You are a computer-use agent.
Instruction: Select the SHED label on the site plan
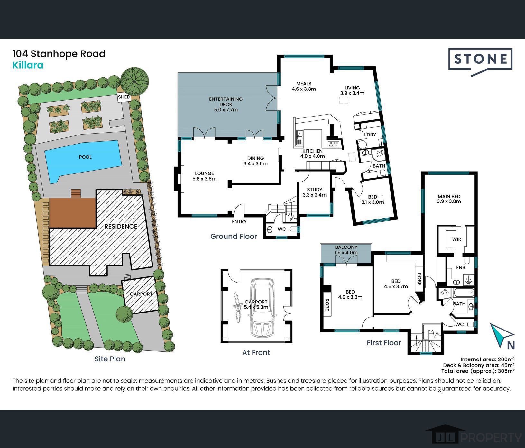tap(124, 97)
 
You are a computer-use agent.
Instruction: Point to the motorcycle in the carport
tap(237, 307)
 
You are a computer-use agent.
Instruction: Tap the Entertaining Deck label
tap(226, 104)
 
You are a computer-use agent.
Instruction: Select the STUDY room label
tap(315, 190)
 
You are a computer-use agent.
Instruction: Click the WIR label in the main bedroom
tap(456, 239)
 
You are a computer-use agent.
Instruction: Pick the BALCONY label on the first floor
tap(346, 247)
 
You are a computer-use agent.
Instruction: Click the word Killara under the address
tap(28, 65)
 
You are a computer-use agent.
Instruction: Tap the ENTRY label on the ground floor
tap(239, 222)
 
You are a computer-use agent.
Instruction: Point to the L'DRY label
tap(370, 135)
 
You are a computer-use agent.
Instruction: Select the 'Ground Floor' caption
tap(234, 237)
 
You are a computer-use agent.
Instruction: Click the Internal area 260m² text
tap(487, 359)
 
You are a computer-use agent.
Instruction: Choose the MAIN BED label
tap(449, 196)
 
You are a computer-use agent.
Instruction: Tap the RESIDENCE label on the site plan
tap(121, 226)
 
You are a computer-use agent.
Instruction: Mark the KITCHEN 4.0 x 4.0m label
tap(312, 154)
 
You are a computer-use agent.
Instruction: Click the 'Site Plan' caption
tap(110, 359)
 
